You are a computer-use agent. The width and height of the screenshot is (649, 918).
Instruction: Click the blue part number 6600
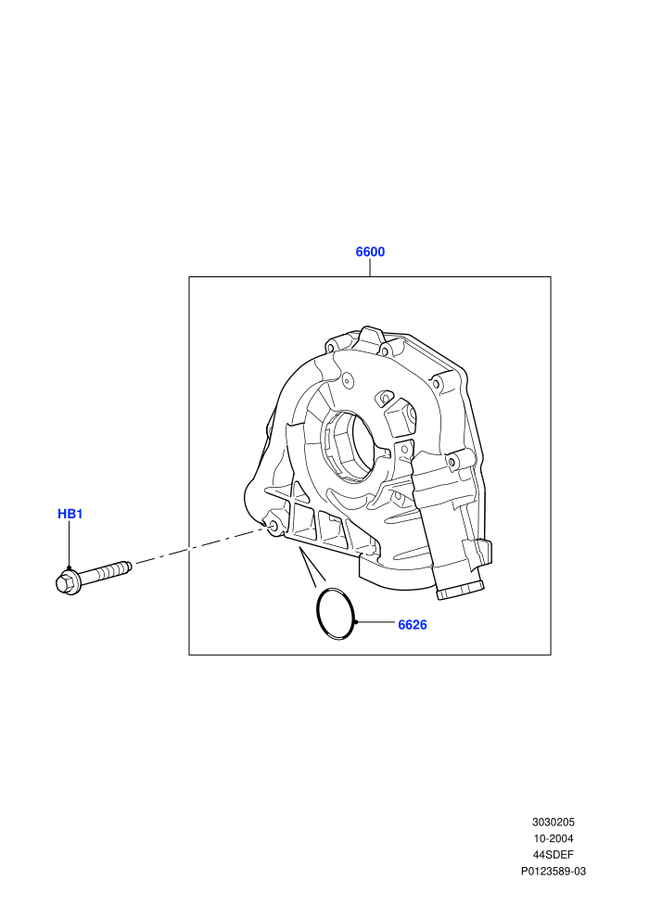[370, 251]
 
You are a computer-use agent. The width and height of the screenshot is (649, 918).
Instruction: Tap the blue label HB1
[70, 514]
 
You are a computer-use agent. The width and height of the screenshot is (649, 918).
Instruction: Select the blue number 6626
[413, 625]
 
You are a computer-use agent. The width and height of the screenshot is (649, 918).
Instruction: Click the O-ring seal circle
[317, 612]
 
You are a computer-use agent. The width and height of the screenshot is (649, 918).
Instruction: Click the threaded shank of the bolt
[106, 571]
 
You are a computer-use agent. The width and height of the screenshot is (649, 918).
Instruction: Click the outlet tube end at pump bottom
[460, 590]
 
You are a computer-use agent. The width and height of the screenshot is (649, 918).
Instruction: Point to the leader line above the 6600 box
[370, 268]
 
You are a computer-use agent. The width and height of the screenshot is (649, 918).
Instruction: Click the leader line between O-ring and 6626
[375, 622]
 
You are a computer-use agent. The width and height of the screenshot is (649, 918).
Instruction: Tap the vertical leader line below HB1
[69, 544]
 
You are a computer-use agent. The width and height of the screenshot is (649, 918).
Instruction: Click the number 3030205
[553, 822]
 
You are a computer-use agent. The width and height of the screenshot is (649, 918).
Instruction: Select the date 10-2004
[553, 838]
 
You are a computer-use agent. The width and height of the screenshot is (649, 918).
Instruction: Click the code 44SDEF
[553, 855]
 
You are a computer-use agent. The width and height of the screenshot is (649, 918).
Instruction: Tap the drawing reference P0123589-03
[553, 871]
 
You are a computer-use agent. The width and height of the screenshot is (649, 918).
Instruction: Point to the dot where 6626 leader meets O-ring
[355, 622]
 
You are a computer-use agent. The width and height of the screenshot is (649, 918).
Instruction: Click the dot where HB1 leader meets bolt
[69, 567]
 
